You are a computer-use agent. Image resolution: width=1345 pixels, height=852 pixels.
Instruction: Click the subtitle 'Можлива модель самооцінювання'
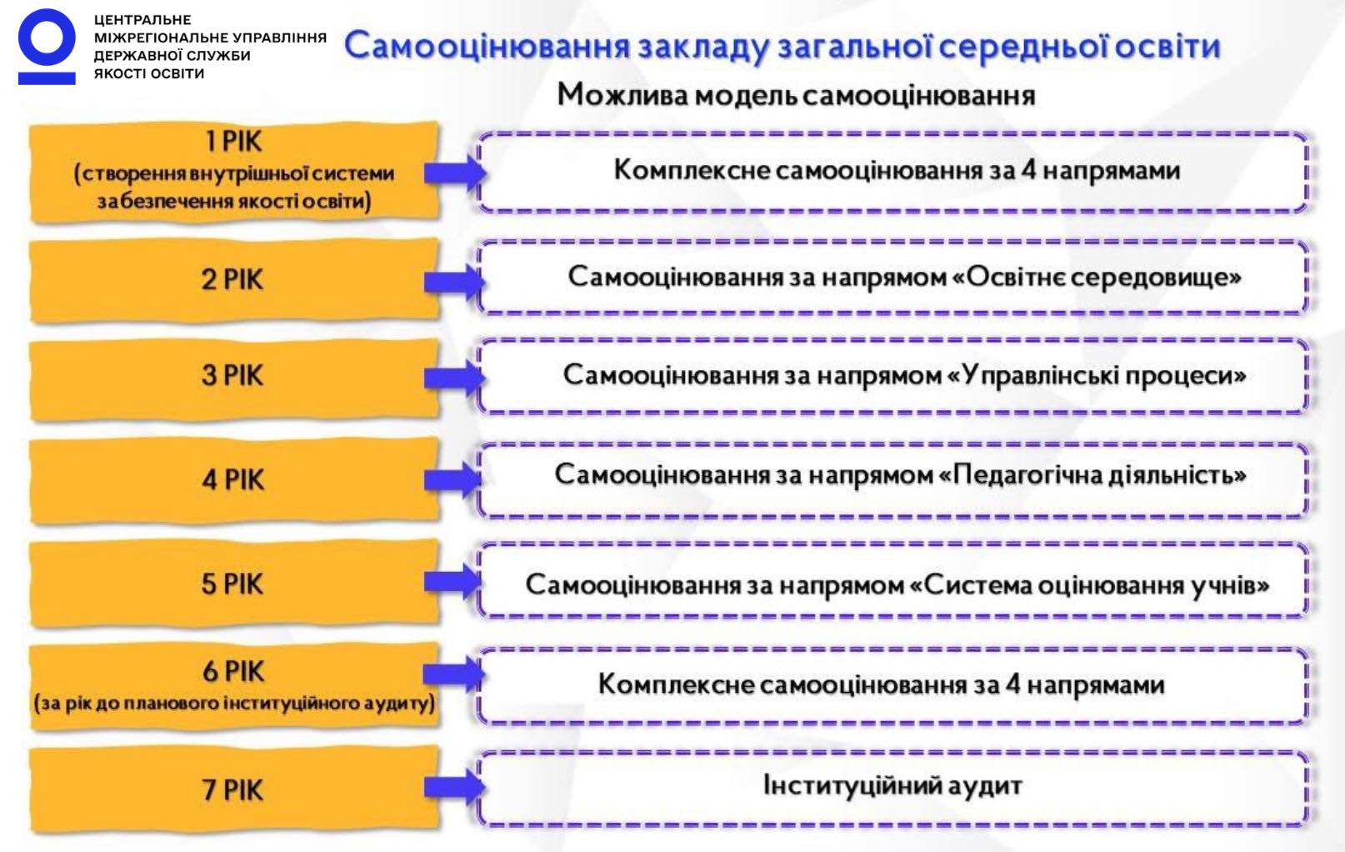tap(796, 95)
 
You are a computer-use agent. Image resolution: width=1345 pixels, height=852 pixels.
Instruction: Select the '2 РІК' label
tap(232, 279)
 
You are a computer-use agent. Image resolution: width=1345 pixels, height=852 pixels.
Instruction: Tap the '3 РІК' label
tap(232, 375)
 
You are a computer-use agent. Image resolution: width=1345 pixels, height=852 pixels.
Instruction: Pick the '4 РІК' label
tap(232, 479)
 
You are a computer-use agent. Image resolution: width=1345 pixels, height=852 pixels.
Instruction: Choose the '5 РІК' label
tap(232, 584)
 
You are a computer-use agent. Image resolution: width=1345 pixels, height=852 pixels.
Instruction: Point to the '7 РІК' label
tap(232, 789)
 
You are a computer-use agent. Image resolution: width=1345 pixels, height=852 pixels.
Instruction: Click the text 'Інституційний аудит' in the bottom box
tap(892, 785)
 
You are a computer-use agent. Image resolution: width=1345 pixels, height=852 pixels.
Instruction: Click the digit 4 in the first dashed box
tap(1029, 170)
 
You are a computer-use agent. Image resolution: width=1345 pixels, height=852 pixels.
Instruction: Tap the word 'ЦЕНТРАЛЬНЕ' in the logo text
tap(142, 19)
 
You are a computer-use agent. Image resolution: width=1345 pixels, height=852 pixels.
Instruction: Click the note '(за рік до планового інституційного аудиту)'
tap(234, 703)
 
